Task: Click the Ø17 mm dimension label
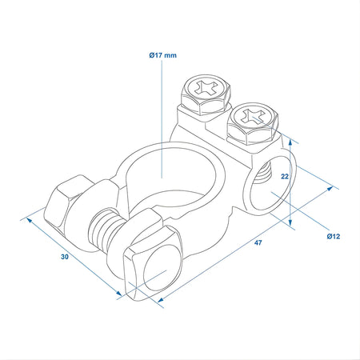tap(162, 55)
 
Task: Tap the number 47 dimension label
tap(258, 242)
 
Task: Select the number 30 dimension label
tap(65, 257)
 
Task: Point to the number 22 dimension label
tap(285, 176)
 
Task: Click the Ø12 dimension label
tap(334, 236)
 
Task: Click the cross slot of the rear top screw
tap(206, 86)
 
